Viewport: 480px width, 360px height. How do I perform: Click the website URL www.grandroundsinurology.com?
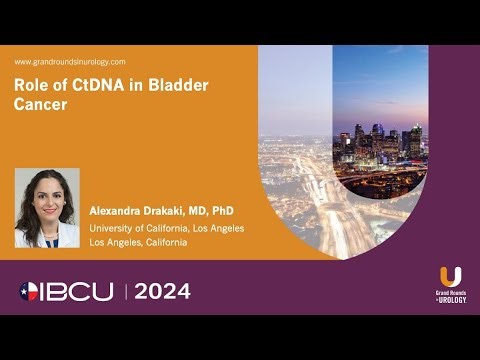(x=70, y=62)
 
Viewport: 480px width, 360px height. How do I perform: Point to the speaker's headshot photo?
(x=47, y=207)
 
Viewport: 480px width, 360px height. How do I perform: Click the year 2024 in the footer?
(x=162, y=291)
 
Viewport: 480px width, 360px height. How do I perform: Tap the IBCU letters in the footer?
(x=83, y=291)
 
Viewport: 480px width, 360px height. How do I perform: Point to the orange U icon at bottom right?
(x=450, y=275)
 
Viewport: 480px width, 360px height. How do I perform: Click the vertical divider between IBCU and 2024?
(x=126, y=291)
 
